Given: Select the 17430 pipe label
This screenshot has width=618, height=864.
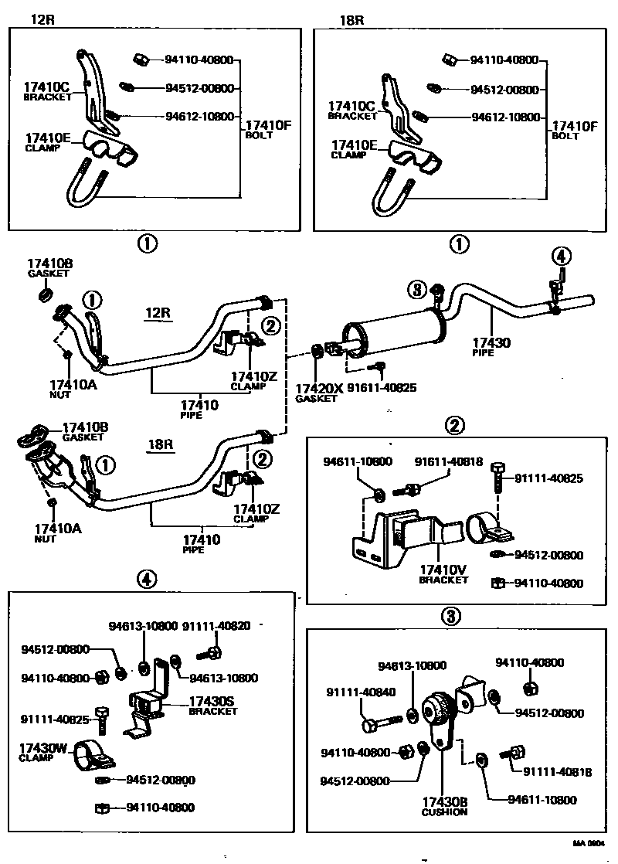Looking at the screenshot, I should point(492,342).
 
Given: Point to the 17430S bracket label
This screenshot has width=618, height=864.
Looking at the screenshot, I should point(212,702).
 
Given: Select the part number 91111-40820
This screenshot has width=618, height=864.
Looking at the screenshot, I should point(216,625).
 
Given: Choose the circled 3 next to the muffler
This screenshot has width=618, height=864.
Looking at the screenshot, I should point(417,290).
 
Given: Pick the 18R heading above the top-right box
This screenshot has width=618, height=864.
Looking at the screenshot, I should point(351,20).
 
